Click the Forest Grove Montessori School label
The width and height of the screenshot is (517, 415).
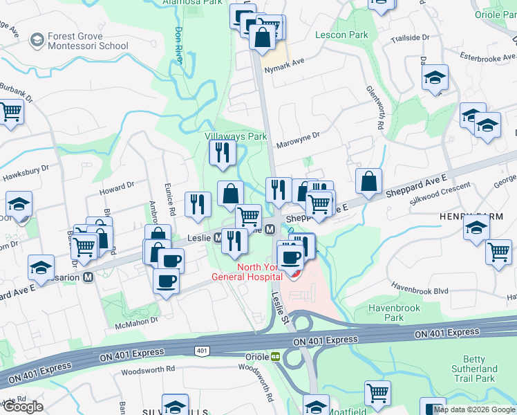(x=88, y=41)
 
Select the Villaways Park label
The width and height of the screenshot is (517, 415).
(x=236, y=136)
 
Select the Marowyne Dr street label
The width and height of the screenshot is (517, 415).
(x=298, y=140)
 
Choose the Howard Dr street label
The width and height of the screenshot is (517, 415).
(x=116, y=187)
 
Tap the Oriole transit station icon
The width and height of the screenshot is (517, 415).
(x=275, y=357)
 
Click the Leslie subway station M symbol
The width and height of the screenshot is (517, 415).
(x=218, y=238)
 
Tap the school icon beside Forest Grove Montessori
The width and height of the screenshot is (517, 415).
(x=36, y=41)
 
